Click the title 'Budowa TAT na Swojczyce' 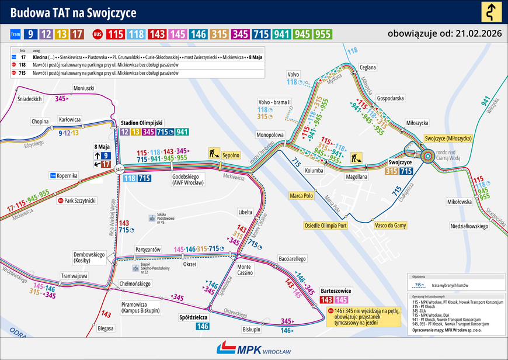[74, 12]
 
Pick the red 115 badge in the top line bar [115, 34]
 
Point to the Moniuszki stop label [83, 88]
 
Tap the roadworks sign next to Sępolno [214, 154]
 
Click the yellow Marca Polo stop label [302, 195]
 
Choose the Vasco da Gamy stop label [390, 225]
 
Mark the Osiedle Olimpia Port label [326, 225]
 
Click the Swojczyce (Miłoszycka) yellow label [448, 138]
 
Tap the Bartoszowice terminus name [336, 290]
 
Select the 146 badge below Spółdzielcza [203, 326]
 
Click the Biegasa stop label [106, 328]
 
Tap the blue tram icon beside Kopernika [53, 175]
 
